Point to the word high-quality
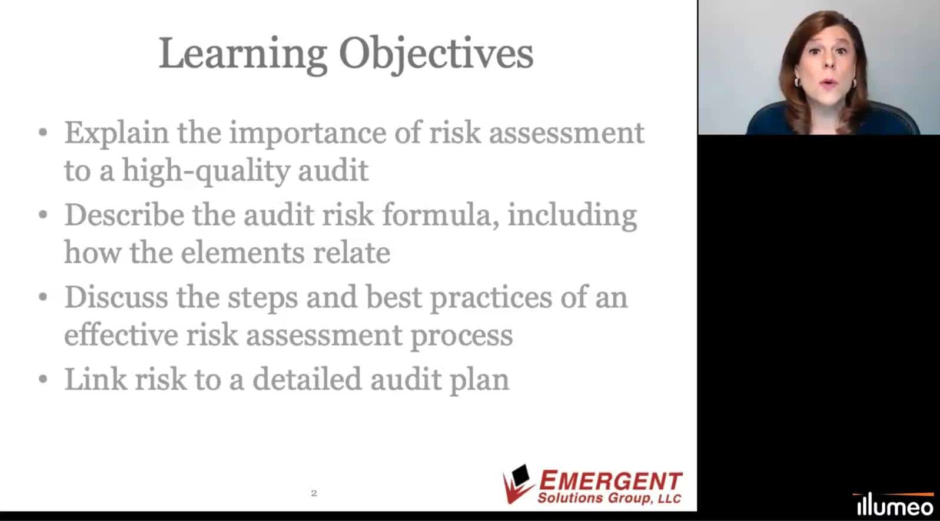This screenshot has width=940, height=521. point(205,172)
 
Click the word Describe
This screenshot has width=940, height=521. point(124,215)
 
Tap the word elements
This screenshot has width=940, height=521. point(242,253)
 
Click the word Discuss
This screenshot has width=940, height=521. point(116,298)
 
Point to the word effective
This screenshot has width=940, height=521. point(121,335)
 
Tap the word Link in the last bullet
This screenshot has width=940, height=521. point(95,379)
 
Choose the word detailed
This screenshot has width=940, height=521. point(307,379)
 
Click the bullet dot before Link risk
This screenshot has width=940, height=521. point(43,379)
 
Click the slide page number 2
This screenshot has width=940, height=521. point(314,493)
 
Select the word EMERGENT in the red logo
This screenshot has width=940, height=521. point(610,481)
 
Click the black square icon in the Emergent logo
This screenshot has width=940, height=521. point(521,475)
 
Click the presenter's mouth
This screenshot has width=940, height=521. point(828,83)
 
